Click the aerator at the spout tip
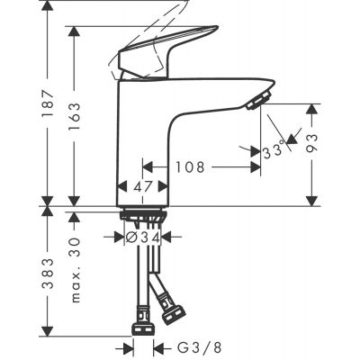pyautogui.click(x=260, y=98)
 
